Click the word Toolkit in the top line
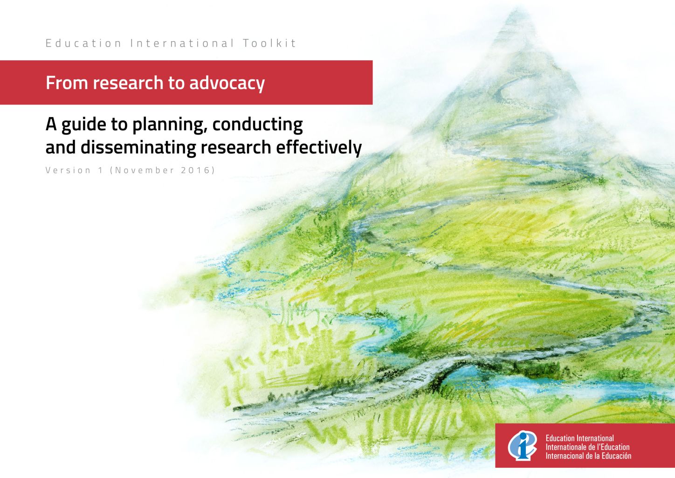point(269,43)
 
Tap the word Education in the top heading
point(83,43)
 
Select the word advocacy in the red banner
point(227,83)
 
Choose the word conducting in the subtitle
point(258,124)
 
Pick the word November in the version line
point(145,170)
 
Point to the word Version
point(68,170)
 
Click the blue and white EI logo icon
point(522,445)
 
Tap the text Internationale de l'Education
point(588,447)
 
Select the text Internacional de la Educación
point(588,456)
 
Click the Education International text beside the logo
point(579,438)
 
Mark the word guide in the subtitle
point(84,125)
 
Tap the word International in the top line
point(182,43)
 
